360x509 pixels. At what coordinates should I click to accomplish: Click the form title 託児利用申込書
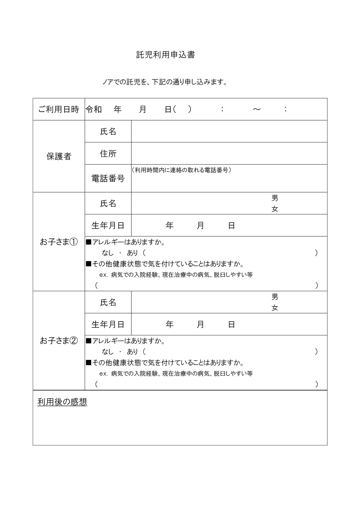166,55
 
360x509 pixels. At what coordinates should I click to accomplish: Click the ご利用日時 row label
59,109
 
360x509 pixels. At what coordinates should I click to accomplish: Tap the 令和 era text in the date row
94,109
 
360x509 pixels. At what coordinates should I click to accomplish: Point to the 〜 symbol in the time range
256,109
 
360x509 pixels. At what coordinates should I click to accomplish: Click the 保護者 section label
59,156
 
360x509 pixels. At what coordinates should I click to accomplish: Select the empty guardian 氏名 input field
229,131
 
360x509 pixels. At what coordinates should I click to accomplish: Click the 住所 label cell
108,154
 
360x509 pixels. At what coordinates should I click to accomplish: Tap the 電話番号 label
108,179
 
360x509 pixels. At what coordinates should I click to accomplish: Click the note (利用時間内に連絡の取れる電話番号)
181,170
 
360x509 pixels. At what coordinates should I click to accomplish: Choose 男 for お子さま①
275,198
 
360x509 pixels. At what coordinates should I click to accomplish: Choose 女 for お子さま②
275,308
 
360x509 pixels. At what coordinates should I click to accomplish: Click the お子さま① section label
59,242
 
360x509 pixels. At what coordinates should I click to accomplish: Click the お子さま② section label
59,341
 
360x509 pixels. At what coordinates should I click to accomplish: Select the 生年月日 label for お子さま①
108,226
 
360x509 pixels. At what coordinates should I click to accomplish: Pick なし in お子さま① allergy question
108,253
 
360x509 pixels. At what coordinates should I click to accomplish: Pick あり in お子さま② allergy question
132,352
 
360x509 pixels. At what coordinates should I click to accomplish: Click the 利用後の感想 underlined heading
62,402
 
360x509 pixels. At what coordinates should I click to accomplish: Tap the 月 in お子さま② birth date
200,324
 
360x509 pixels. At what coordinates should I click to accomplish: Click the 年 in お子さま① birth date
169,226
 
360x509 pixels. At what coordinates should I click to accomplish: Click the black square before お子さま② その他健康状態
88,363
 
